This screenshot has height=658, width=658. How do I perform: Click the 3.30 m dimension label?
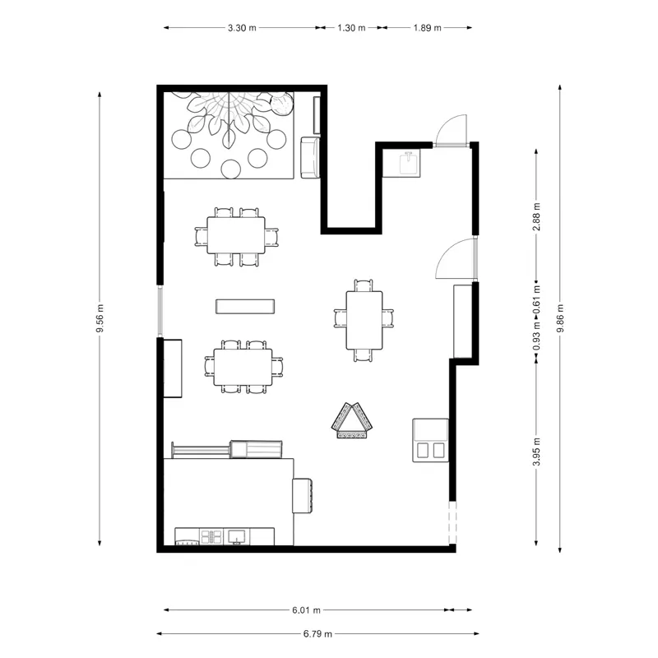tap(242, 28)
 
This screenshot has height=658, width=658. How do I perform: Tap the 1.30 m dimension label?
tap(351, 28)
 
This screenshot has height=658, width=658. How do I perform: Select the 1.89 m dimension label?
tap(427, 28)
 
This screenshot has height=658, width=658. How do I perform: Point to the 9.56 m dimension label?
tap(100, 318)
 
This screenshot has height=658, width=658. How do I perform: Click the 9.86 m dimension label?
tap(560, 318)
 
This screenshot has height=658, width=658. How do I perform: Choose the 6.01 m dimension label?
tap(306, 610)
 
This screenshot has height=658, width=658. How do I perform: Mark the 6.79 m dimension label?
tap(317, 634)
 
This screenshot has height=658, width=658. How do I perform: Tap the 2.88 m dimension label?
tap(536, 216)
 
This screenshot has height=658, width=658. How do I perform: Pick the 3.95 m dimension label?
tap(536, 451)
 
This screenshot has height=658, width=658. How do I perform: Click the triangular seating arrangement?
tap(352, 420)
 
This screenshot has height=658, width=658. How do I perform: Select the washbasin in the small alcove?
tap(408, 163)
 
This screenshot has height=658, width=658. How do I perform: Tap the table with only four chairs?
tap(364, 320)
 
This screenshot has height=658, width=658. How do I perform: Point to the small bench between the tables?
tap(245, 306)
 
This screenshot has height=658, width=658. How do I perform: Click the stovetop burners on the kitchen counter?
tap(211, 536)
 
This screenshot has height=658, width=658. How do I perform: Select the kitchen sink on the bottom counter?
tap(237, 537)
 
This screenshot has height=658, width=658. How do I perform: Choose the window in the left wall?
tap(160, 311)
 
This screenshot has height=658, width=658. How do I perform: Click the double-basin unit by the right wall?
tap(430, 440)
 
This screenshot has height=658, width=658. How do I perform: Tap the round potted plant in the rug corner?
tap(281, 104)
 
